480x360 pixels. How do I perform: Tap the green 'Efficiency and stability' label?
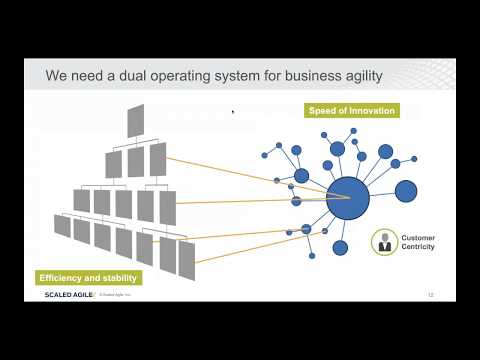coord(88,276)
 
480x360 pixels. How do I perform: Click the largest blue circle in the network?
coord(346,197)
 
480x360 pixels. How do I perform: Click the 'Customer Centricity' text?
coord(418,242)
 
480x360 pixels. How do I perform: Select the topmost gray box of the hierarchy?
coord(136,119)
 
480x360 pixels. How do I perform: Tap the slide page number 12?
coord(430,296)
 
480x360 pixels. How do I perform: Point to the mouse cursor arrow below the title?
coord(233,112)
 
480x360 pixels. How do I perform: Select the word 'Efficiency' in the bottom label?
coord(60,276)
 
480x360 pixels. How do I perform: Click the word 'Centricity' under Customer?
coord(418,246)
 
